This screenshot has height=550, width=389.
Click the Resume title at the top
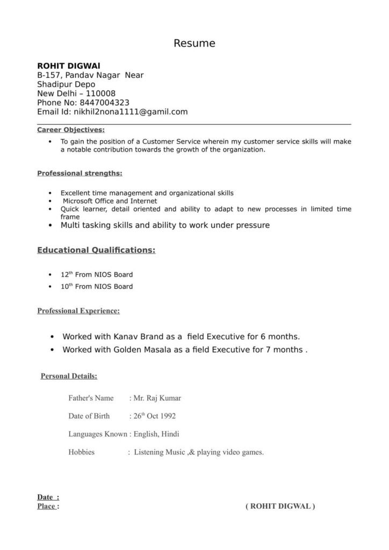pos(194,44)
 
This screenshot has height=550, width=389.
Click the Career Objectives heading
pos(71,129)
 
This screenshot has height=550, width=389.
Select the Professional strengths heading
pos(80,173)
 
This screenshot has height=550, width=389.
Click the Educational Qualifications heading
pos(96,250)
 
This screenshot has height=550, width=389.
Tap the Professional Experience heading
pos(78,310)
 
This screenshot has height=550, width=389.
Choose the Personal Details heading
pos(69,376)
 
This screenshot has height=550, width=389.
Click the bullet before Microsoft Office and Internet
pos(50,200)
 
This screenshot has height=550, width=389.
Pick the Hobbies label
pos(81,452)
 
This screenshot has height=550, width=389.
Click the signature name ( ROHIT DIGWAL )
pos(280,506)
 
